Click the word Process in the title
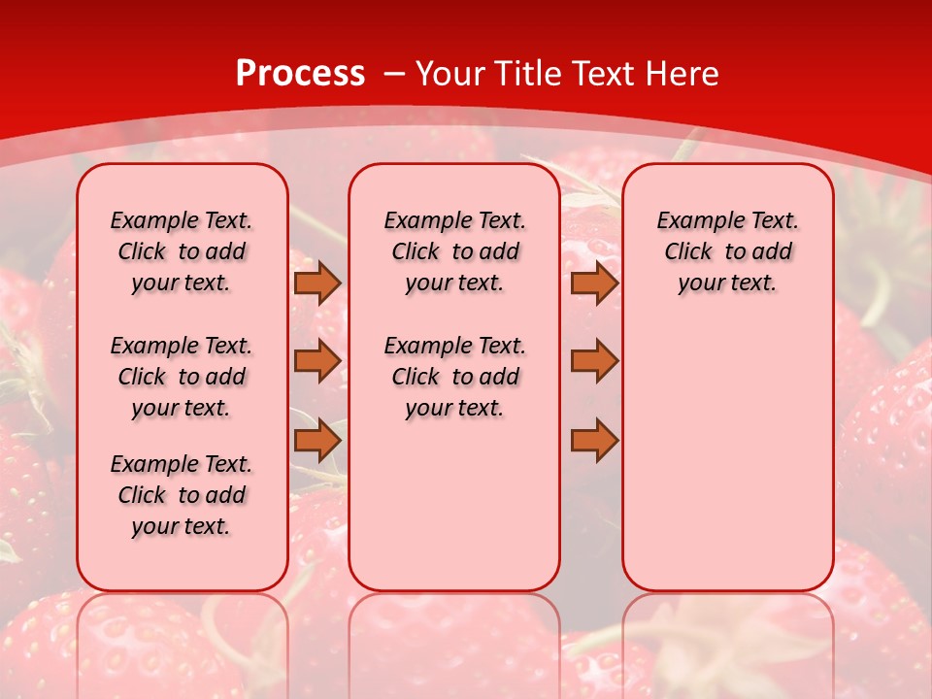(x=300, y=74)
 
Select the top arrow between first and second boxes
(x=317, y=283)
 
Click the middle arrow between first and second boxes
(x=317, y=361)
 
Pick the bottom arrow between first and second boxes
(x=317, y=440)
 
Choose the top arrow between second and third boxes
(x=594, y=283)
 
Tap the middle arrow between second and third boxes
(x=594, y=361)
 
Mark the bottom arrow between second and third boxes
(x=594, y=440)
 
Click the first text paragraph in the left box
(x=182, y=251)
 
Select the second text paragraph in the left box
(x=182, y=377)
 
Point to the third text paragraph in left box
(x=182, y=495)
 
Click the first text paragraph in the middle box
(x=454, y=251)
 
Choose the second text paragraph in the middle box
(x=454, y=377)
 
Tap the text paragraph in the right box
(x=728, y=251)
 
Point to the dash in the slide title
(x=395, y=74)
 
